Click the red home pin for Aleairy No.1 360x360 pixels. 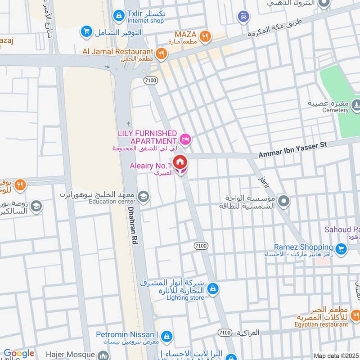pos(180,162)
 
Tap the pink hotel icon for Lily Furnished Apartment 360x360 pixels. pos(185,139)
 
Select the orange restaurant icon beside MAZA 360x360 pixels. pos(205,36)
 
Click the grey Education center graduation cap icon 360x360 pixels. pos(144,196)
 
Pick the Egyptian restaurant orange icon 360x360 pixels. pos(355,315)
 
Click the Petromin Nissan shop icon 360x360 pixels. pos(166,336)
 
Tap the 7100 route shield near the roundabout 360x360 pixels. pos(150,79)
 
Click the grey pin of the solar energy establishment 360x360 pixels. pos(283,201)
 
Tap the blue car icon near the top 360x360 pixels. pos(243,17)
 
